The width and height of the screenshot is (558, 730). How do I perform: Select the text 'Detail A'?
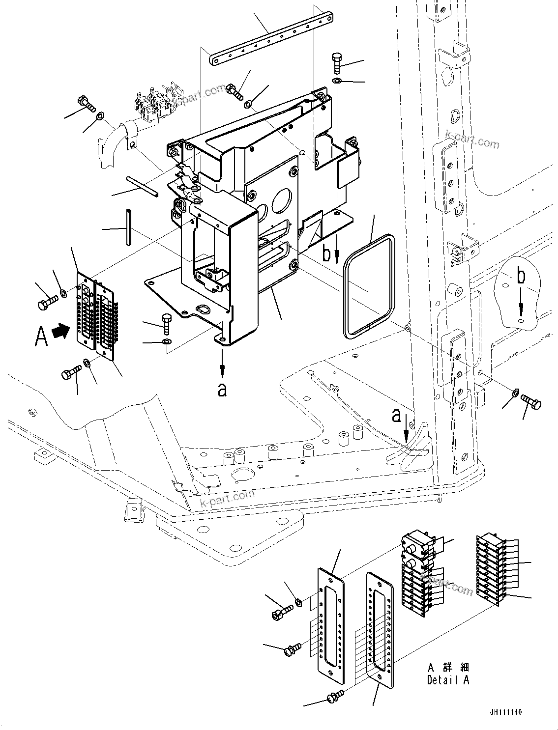click(448, 680)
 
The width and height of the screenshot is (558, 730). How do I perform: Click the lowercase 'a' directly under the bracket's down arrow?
click(222, 390)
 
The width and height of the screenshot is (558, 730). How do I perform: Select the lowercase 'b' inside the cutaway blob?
click(521, 277)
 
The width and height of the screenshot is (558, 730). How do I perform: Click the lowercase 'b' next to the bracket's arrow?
click(326, 253)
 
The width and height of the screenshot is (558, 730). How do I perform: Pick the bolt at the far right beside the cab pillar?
click(531, 402)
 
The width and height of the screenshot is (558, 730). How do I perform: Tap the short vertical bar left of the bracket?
click(129, 227)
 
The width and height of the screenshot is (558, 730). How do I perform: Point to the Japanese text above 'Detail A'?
click(448, 667)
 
